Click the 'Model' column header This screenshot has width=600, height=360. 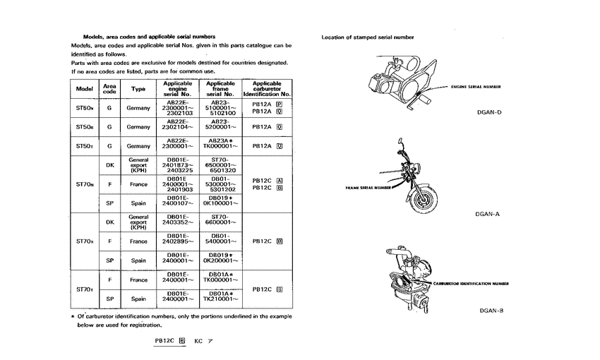click(85, 89)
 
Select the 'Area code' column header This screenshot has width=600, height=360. click(109, 89)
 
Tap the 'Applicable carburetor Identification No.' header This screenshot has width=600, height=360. click(267, 89)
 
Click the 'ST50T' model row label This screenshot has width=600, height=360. click(85, 146)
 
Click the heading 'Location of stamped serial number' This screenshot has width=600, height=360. click(367, 37)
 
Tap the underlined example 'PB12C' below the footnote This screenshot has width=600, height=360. click(165, 340)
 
